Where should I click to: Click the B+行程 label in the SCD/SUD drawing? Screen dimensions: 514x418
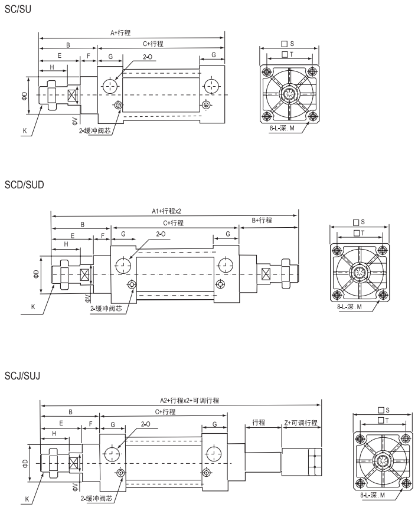(x=261, y=220)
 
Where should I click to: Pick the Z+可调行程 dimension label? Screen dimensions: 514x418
(x=301, y=423)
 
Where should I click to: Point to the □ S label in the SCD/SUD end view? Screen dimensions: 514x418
(x=359, y=222)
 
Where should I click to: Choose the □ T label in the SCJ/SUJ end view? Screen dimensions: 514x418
(x=383, y=420)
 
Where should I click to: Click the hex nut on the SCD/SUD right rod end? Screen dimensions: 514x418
(x=287, y=273)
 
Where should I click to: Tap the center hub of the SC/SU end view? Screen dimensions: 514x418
(x=289, y=94)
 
